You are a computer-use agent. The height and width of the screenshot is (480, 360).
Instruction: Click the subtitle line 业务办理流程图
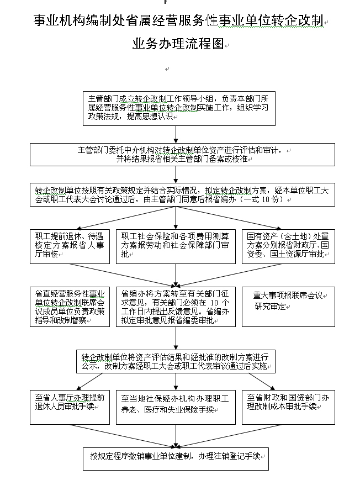pyautogui.click(x=178, y=44)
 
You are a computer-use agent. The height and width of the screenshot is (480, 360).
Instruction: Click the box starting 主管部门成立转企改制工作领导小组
pyautogui.click(x=179, y=108)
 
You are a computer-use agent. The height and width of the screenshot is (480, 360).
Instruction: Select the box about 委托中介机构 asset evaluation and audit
pyautogui.click(x=182, y=155)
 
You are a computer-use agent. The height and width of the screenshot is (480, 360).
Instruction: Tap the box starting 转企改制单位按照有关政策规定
pyautogui.click(x=182, y=194)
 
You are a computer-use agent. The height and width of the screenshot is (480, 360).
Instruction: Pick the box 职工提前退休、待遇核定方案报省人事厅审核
pyautogui.click(x=70, y=246)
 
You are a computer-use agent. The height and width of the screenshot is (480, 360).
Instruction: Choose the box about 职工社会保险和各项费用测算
pyautogui.click(x=176, y=246)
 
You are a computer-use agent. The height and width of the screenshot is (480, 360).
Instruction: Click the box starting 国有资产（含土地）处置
pyautogui.click(x=288, y=246)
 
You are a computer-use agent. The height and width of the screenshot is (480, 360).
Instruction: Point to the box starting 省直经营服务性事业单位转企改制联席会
pyautogui.click(x=70, y=307)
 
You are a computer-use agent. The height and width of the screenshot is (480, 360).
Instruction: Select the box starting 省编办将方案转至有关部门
pyautogui.click(x=176, y=307)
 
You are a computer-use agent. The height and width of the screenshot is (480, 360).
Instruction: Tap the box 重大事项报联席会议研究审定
pyautogui.click(x=288, y=307)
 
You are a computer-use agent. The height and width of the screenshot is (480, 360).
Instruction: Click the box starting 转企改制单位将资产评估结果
pyautogui.click(x=176, y=362)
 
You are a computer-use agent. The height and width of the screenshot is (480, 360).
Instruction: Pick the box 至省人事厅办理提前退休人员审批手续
pyautogui.click(x=70, y=407)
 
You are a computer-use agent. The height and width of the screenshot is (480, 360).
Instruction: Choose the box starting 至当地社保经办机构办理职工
pyautogui.click(x=176, y=407)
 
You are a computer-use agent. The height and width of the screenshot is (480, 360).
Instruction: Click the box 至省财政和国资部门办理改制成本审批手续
pyautogui.click(x=288, y=407)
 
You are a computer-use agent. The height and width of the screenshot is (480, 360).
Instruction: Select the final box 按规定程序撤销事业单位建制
pyautogui.click(x=176, y=459)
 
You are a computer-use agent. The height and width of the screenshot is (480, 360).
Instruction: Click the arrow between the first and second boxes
pyautogui.click(x=176, y=134)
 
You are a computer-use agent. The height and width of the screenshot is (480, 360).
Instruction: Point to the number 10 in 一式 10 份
pyautogui.click(x=266, y=199)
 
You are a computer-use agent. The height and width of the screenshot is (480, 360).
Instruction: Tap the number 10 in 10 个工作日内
pyautogui.click(x=214, y=303)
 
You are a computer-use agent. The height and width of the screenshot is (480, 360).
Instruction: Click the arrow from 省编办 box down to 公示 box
pyautogui.click(x=176, y=338)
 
